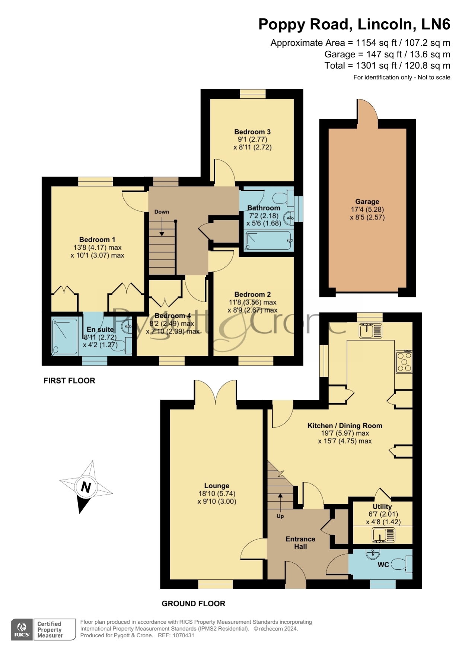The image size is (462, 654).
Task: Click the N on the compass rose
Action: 86,487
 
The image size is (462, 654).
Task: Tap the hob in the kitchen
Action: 404,362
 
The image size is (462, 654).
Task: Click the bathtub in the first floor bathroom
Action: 268,241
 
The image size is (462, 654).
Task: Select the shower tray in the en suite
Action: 65,337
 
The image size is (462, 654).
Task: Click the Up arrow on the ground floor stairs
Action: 280,502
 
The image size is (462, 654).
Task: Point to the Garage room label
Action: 367,202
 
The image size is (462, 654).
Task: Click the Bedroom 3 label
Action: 252,132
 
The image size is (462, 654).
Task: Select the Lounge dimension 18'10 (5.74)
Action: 217,493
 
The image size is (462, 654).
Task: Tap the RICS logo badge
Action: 22,629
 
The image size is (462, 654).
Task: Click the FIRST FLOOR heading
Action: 69,380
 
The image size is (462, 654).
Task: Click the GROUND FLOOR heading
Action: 193,603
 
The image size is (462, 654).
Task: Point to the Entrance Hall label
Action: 300,543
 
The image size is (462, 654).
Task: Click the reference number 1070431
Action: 183,635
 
